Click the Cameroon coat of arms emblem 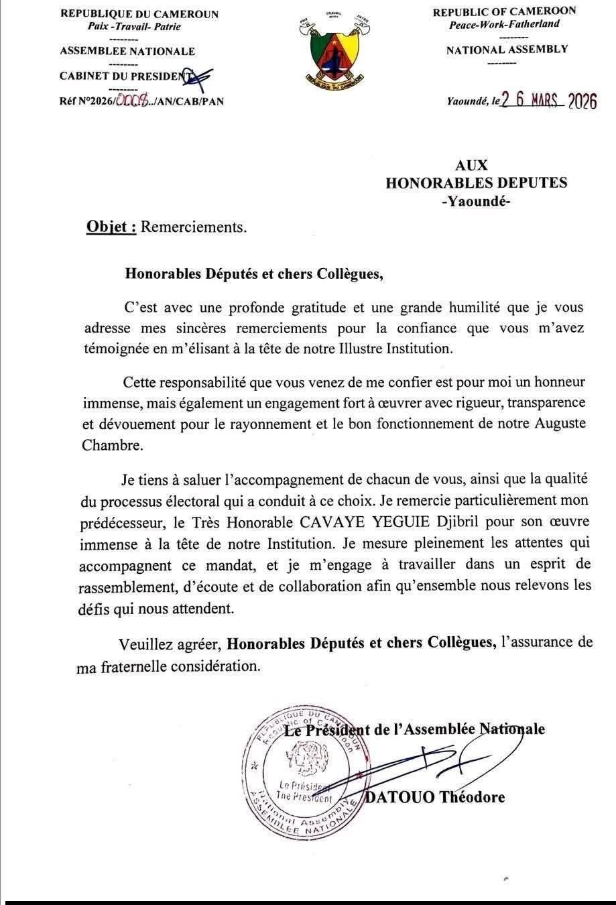[x=329, y=51]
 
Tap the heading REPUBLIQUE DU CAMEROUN [x=139, y=14]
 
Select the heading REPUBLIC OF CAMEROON [x=503, y=11]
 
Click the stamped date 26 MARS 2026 [x=549, y=101]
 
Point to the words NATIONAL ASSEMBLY [x=507, y=49]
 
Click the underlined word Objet [x=111, y=227]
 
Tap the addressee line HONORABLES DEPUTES [x=476, y=182]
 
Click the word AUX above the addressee [x=471, y=165]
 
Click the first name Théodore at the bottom [x=473, y=797]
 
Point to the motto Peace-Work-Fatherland [x=504, y=24]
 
